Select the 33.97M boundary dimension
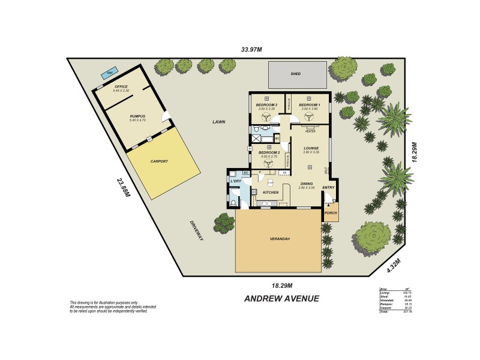click(x=251, y=50)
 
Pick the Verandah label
click(x=280, y=239)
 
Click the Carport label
click(x=159, y=161)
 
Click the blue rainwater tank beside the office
click(x=109, y=74)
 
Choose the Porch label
click(x=330, y=214)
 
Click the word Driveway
click(x=197, y=230)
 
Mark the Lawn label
click(x=218, y=122)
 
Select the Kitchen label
click(x=271, y=193)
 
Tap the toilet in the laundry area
click(x=233, y=203)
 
